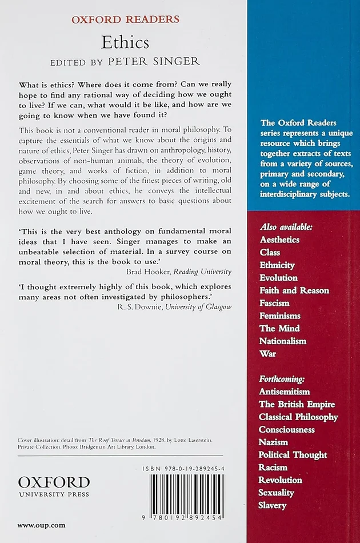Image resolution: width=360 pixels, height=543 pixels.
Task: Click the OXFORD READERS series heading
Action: (x=125, y=19)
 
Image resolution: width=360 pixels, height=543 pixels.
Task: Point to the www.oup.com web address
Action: (x=41, y=525)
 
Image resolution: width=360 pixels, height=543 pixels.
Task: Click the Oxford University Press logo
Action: (x=53, y=485)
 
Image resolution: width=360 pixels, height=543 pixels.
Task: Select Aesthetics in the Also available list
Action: (x=280, y=239)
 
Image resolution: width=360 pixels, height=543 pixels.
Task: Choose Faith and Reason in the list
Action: (x=294, y=290)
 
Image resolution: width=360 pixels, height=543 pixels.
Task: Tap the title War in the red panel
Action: (x=267, y=353)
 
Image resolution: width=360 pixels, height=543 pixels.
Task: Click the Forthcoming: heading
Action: (x=282, y=379)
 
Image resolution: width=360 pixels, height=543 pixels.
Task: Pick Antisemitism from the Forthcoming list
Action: (x=284, y=392)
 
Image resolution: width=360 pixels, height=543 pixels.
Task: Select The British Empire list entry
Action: (x=297, y=404)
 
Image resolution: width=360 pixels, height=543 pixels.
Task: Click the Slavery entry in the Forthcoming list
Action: (x=273, y=505)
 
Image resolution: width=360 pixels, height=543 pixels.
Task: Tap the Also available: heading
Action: (x=286, y=227)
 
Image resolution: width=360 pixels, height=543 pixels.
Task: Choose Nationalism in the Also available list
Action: (x=282, y=341)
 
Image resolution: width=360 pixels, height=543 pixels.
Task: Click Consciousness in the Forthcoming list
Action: (x=286, y=429)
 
